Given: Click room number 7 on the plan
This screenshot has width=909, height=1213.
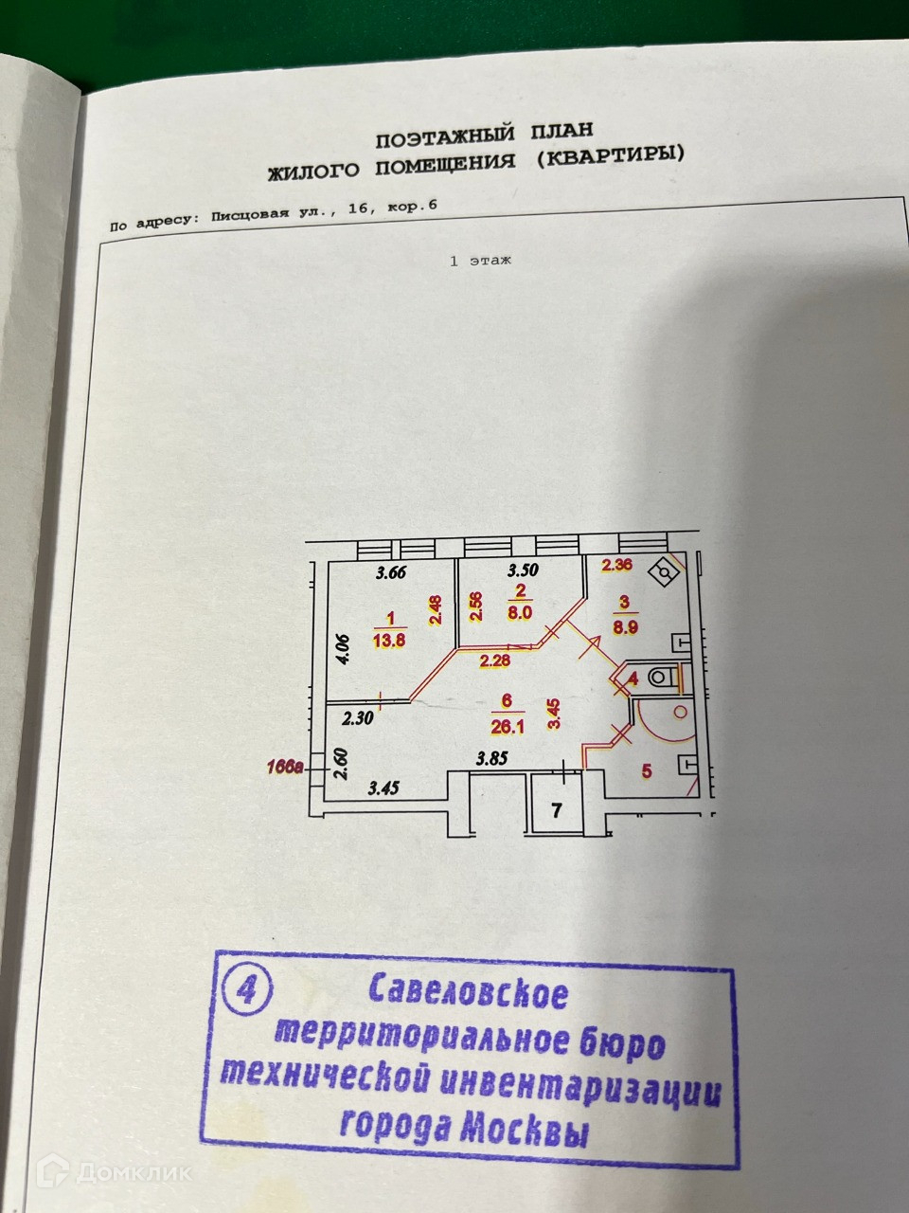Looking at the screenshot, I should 557,810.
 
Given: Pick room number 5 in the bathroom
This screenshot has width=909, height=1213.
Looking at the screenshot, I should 647,771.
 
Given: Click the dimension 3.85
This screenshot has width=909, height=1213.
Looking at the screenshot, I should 492,759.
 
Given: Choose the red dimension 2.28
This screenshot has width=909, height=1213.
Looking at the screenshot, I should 494,661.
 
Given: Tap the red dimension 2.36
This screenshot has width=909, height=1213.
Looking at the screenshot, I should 616,567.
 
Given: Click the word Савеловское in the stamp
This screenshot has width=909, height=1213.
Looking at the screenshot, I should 468,993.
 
